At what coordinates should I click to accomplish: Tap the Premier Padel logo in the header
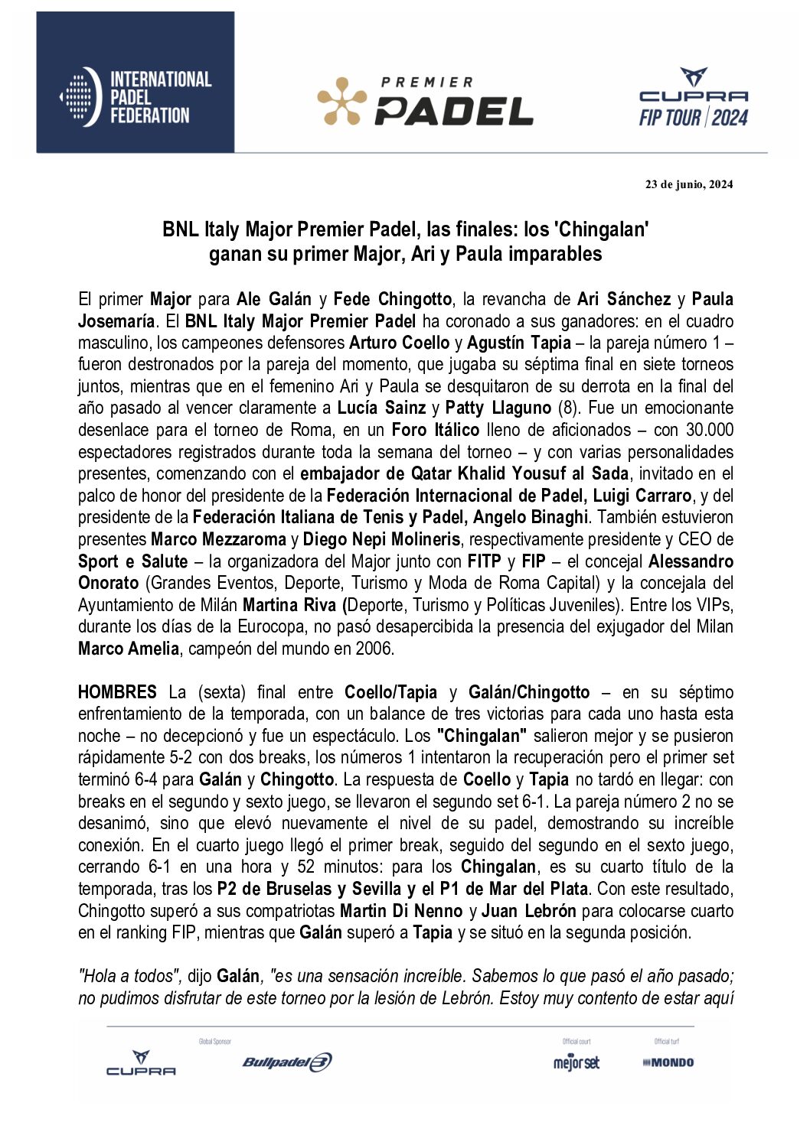(425, 102)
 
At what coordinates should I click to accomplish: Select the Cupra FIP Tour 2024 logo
(694, 97)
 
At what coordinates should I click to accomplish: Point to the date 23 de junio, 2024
(688, 184)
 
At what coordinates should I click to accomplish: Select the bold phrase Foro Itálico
(436, 430)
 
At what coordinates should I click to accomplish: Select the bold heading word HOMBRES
(117, 692)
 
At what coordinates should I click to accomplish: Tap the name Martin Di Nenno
(401, 911)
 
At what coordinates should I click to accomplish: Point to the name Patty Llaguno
(498, 408)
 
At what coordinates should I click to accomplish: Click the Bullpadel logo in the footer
(287, 1062)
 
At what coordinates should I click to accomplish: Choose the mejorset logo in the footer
(576, 1062)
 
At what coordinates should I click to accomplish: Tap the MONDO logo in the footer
(668, 1062)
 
